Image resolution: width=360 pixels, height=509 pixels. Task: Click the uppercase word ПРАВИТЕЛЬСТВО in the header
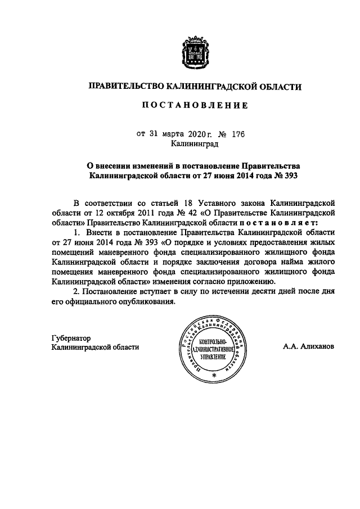(124, 87)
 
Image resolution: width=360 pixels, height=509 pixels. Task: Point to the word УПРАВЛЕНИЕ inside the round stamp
(209, 359)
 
